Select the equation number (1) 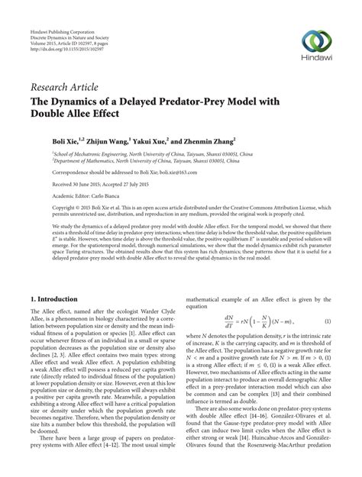(x=328, y=301)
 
